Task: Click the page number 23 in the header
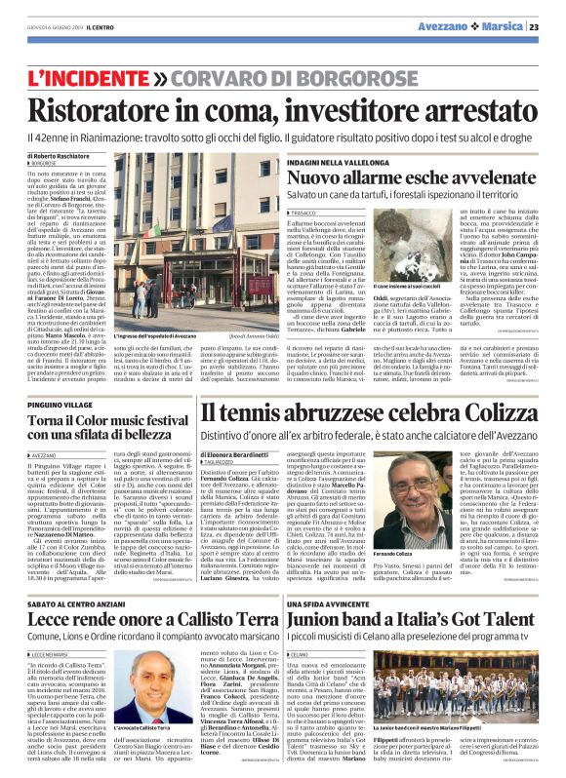click(x=548, y=25)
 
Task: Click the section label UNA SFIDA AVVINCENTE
click(x=348, y=575)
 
